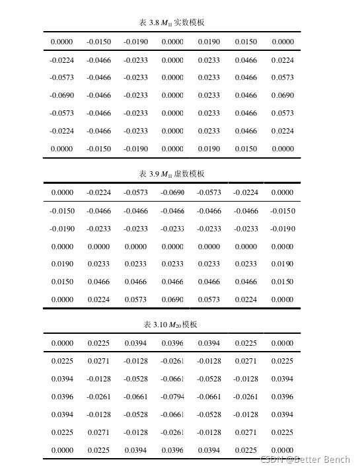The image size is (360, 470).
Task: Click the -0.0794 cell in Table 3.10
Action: pos(172,397)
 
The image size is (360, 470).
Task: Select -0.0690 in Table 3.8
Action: pos(62,95)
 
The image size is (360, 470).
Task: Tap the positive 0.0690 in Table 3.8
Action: pos(283,95)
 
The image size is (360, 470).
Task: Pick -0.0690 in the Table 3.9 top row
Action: pos(172,193)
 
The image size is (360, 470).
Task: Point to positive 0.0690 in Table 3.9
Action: pos(172,299)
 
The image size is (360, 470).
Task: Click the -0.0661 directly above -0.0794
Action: pos(172,379)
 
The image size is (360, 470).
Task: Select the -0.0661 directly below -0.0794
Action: pos(172,414)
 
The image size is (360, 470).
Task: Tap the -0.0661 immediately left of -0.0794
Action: pos(135,397)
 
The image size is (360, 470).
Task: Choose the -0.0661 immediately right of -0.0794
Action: pos(209,397)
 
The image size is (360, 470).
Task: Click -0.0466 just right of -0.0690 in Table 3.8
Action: pos(98,95)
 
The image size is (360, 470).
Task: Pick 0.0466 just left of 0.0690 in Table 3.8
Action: pos(246,95)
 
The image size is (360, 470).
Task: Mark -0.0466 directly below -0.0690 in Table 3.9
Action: pos(172,211)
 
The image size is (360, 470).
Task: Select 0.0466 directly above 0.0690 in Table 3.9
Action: pos(172,282)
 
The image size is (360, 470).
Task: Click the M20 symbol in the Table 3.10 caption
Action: pos(175,325)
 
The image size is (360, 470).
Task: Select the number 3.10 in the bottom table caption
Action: pos(160,325)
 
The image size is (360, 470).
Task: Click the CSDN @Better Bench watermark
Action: pos(305,459)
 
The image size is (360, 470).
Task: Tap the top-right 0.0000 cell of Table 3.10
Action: pos(283,343)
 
